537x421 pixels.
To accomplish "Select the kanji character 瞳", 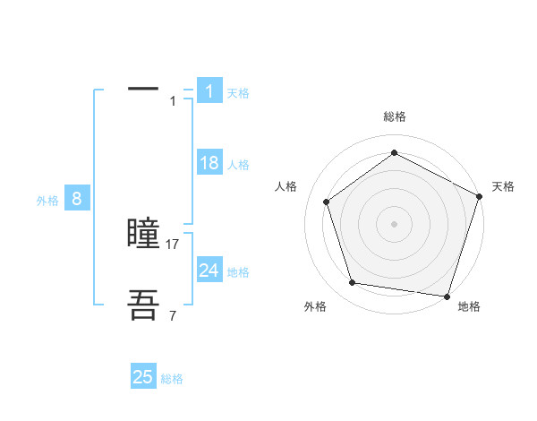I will (143, 234).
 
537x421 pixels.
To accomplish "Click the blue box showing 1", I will (209, 90).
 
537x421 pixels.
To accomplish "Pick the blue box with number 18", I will (209, 163).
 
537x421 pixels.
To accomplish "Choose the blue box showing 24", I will (209, 271).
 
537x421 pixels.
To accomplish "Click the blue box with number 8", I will (77, 199).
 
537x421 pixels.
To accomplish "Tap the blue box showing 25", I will (143, 377).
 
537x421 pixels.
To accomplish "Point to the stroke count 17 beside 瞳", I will (173, 244).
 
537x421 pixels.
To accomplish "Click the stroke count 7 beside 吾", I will (173, 314).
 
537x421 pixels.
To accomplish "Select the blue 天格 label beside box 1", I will (238, 93).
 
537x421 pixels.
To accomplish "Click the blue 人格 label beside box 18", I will (238, 165).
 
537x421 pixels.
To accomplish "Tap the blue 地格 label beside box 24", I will (238, 272).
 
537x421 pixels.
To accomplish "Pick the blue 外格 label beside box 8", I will (47, 201).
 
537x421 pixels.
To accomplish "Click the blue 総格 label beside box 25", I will (172, 379).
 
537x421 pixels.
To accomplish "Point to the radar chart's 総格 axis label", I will (394, 116).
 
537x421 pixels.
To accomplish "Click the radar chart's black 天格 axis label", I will (503, 186).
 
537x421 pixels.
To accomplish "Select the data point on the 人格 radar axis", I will (327, 202).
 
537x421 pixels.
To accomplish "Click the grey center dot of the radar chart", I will (394, 223).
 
